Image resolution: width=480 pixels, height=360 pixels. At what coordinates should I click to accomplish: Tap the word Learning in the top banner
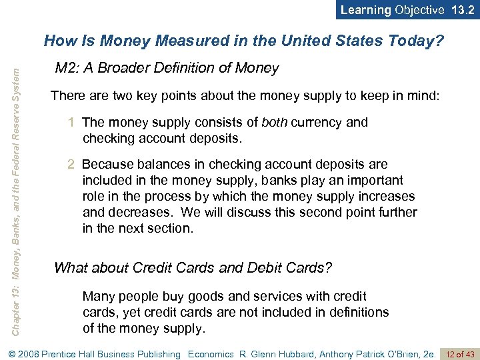366,10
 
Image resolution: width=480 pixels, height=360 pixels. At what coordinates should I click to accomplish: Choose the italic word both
275,123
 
